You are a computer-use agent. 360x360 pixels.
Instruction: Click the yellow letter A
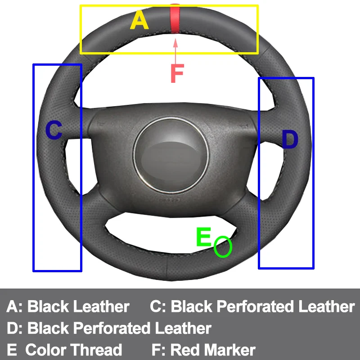tap(139, 21)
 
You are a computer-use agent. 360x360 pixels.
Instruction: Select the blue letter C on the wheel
tap(54, 130)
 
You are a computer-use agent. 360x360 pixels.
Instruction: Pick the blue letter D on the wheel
tap(290, 140)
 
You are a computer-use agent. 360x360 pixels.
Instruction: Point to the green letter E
tap(204, 237)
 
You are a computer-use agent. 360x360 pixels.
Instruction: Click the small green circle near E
tap(223, 247)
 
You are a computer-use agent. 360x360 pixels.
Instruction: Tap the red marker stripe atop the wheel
tap(174, 19)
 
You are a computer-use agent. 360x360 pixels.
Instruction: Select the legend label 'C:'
tap(158, 306)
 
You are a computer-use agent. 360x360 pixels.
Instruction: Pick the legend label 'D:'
tap(15, 328)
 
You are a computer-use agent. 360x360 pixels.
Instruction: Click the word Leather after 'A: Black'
tap(101, 306)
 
